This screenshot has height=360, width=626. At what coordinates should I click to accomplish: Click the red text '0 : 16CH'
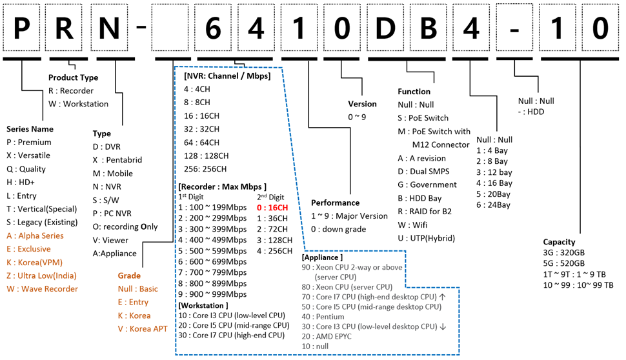272,208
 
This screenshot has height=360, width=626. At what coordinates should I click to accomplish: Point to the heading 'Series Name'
30,129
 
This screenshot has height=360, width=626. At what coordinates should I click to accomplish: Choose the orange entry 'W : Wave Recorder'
42,289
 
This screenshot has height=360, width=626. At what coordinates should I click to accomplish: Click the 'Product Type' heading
73,77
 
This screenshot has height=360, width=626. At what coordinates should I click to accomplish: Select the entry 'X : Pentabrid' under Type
117,160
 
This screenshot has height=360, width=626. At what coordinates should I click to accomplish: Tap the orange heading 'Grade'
129,275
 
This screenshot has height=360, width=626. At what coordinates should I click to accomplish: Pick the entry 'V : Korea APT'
143,329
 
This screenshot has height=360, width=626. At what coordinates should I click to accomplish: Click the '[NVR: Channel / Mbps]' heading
227,76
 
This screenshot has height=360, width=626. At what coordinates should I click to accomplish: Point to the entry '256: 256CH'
205,169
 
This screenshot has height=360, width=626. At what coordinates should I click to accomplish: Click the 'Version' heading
362,104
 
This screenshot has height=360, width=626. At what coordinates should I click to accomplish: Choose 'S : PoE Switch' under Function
423,118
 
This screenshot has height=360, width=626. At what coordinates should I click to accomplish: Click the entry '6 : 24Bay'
493,205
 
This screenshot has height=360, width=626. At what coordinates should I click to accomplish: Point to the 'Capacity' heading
560,243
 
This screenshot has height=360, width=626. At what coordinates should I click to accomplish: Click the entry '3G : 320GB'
565,253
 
